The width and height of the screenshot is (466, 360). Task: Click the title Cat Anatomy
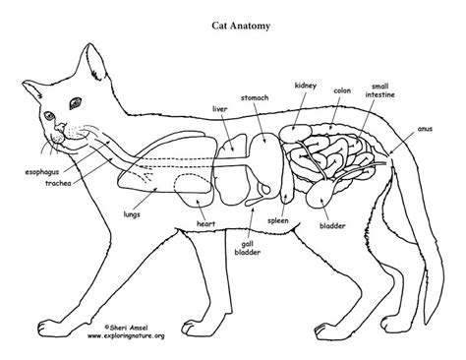[241, 26]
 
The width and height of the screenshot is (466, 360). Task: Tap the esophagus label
[42, 172]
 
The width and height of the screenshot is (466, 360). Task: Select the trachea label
[58, 183]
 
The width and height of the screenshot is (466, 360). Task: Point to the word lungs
[132, 214]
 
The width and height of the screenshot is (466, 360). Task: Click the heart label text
[205, 224]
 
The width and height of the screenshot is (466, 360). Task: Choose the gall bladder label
[248, 248]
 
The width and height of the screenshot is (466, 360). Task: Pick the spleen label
[278, 221]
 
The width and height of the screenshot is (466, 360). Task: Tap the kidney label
[306, 86]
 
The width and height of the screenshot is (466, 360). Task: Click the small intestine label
[380, 90]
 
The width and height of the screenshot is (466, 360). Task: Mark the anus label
[425, 129]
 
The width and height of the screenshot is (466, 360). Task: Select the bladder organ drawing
[319, 194]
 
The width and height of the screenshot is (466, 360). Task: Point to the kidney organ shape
[295, 133]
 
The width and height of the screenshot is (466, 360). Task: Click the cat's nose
[60, 127]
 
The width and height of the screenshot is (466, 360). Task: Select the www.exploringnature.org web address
[126, 335]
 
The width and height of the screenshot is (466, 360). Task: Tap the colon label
[342, 90]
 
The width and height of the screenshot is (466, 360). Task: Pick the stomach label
[255, 97]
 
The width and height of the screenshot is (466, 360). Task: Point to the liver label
[219, 109]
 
